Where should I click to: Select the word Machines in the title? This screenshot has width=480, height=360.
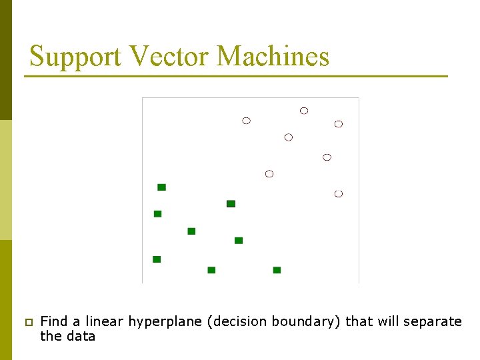[x=273, y=57]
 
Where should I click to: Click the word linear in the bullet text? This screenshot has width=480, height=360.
[x=105, y=322]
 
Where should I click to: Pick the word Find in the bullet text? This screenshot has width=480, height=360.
[x=54, y=322]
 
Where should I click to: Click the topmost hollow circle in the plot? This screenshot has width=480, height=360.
[x=304, y=111]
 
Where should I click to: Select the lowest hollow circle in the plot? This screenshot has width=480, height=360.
[x=338, y=193]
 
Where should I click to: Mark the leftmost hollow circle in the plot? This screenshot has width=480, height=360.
[x=246, y=121]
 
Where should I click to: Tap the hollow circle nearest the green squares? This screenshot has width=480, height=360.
[x=269, y=174]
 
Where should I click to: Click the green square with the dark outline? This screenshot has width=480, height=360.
[x=231, y=203]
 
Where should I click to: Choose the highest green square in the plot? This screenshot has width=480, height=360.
[x=161, y=187]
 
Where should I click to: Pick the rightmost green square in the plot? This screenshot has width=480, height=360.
[x=277, y=270]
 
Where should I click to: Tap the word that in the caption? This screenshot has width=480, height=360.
[x=357, y=322]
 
